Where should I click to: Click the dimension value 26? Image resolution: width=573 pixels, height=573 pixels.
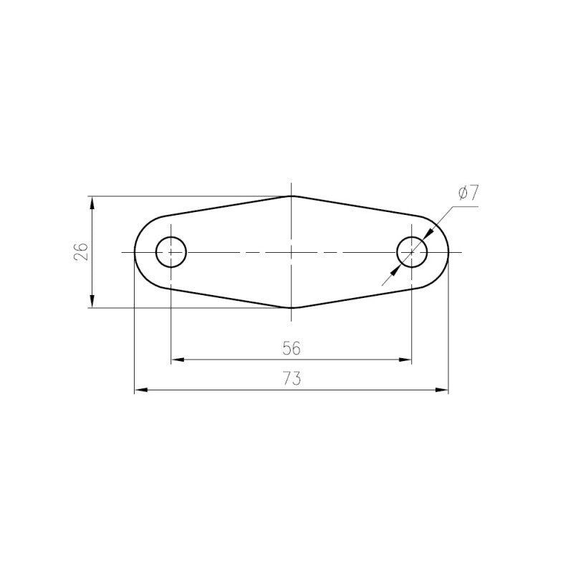click(81, 251)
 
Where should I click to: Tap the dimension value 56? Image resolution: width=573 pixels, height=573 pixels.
click(291, 348)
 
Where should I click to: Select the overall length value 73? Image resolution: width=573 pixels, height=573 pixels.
click(291, 380)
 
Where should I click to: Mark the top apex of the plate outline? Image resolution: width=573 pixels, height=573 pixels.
click(291, 196)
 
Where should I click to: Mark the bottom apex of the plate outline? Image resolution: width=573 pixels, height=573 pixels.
click(291, 308)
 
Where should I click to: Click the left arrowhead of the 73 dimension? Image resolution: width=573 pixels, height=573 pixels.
click(140, 390)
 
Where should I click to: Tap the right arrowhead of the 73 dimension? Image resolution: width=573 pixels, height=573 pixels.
click(443, 390)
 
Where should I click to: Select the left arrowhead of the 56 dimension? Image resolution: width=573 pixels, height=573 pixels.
click(176, 359)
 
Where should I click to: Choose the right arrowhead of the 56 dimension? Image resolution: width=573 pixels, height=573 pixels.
click(407, 359)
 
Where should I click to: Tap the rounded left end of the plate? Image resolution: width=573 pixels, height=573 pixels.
click(135, 252)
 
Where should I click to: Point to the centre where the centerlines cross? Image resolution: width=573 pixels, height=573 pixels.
click(291, 252)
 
